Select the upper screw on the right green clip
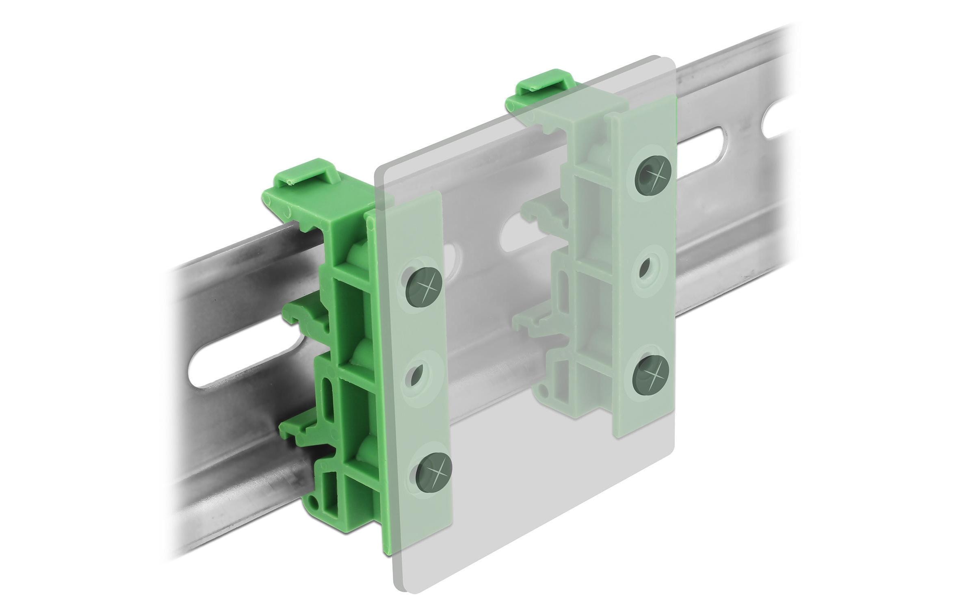click(654, 176)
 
